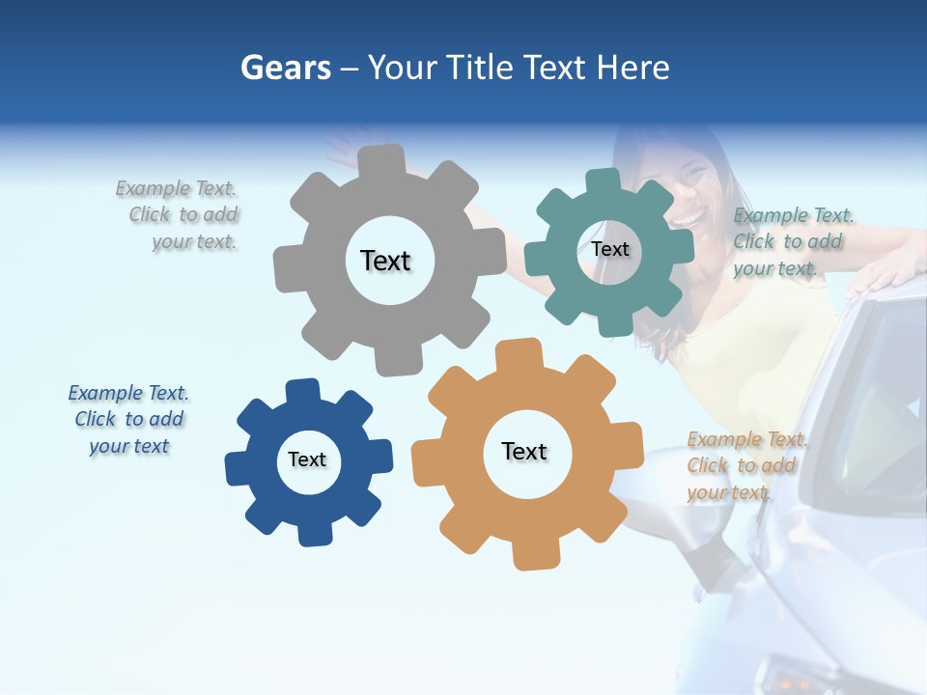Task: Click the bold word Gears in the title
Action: pyautogui.click(x=285, y=68)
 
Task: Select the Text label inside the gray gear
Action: pyautogui.click(x=385, y=261)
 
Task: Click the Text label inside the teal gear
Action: pyautogui.click(x=609, y=249)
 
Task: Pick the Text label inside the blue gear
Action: pyautogui.click(x=307, y=459)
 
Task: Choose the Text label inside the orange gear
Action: pyautogui.click(x=524, y=451)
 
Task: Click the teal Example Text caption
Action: pyautogui.click(x=792, y=241)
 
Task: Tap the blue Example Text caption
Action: pyautogui.click(x=128, y=419)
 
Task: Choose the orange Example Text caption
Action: pyautogui.click(x=745, y=465)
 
